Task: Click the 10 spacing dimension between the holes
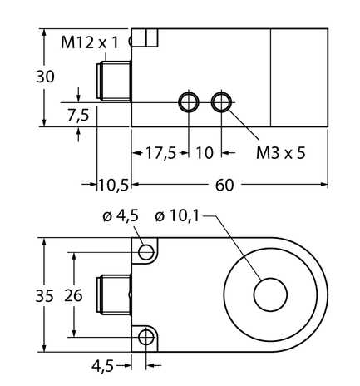(x=205, y=154)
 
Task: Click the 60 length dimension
(x=224, y=185)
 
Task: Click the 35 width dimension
(x=27, y=294)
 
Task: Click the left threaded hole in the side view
(x=189, y=102)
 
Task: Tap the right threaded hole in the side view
(x=221, y=102)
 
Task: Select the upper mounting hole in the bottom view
(x=148, y=252)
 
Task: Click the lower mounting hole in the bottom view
(x=148, y=337)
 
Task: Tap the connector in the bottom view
(x=116, y=294)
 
